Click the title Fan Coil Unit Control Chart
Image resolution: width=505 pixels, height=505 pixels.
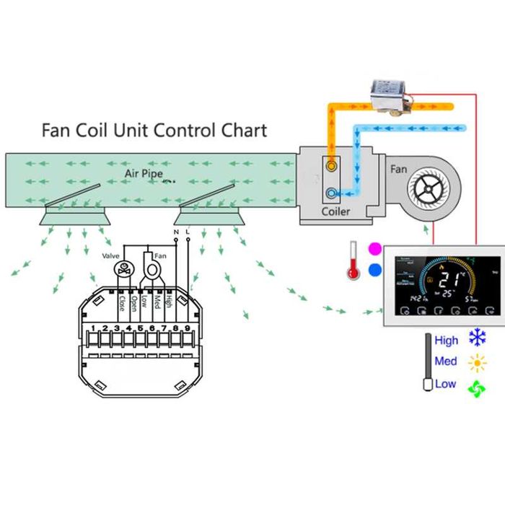[x=154, y=131]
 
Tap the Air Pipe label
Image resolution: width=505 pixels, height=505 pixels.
[x=144, y=174]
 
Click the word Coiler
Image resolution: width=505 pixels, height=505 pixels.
[x=335, y=211]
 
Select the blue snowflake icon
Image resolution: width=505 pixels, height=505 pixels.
[x=477, y=338]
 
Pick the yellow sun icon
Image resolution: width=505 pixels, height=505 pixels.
[x=477, y=362]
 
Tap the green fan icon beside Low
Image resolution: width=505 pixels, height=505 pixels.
[x=477, y=388]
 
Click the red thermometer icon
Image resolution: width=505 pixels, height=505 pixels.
[x=353, y=260]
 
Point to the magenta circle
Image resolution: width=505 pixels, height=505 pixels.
[x=374, y=249]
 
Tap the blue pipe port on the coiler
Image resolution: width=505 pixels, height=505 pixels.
[x=331, y=193]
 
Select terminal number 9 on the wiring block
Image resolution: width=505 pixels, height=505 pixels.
[x=187, y=329]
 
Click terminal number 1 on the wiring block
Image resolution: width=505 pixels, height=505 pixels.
[x=93, y=329]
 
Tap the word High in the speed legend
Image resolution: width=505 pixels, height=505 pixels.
[x=447, y=341]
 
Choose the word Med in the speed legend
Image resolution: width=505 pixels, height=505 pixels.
[x=446, y=361]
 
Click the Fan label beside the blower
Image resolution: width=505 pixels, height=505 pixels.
[x=398, y=170]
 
